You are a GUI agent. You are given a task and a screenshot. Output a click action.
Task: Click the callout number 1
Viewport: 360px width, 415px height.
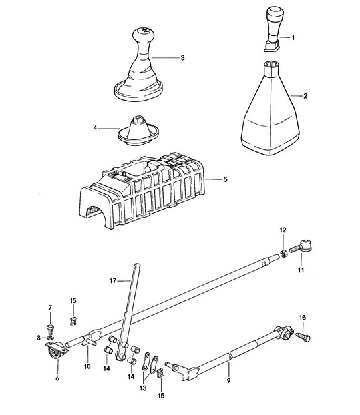coord(293,37)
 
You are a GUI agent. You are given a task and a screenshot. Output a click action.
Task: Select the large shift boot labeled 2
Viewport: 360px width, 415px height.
coord(270,108)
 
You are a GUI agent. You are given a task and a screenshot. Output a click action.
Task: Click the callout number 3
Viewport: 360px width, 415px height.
coord(182,58)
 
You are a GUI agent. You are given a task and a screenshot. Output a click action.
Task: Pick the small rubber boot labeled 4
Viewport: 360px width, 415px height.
coord(138,131)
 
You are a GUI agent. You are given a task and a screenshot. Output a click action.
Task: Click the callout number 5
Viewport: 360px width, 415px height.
coord(225,179)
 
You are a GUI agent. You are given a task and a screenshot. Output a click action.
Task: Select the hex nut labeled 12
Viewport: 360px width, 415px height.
coord(283,254)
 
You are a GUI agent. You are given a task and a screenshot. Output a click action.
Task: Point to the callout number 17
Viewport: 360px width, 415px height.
coord(113,281)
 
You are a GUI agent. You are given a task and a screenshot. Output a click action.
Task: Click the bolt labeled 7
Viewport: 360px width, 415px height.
coord(50,328)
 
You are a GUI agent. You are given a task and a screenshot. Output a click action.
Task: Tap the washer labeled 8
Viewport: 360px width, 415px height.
coord(51,338)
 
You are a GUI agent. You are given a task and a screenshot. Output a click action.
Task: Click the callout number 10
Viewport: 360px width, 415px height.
coord(87,366)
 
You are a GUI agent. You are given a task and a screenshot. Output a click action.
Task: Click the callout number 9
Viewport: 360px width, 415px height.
coord(228,380)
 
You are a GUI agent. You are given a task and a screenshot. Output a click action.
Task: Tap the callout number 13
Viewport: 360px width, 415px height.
coord(143,388)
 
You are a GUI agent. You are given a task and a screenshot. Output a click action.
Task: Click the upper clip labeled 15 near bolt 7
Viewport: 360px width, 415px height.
coord(73,321)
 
